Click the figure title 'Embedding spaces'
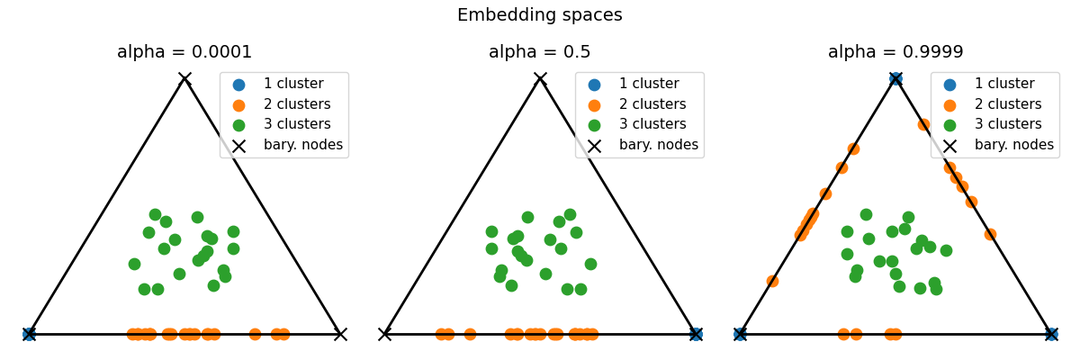(539, 15)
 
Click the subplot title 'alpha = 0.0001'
(184, 52)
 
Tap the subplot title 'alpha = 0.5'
(539, 52)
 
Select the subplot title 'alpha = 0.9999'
(895, 52)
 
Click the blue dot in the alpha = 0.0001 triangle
(29, 334)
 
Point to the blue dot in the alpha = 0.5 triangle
(696, 334)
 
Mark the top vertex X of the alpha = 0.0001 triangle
(184, 78)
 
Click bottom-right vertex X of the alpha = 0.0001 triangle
(340, 334)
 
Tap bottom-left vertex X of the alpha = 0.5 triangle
(384, 334)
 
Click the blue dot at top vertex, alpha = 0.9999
(895, 78)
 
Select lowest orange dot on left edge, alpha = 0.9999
(772, 281)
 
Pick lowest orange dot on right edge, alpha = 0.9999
(990, 234)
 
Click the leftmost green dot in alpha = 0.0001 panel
(134, 264)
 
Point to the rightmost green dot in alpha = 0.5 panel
(590, 264)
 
